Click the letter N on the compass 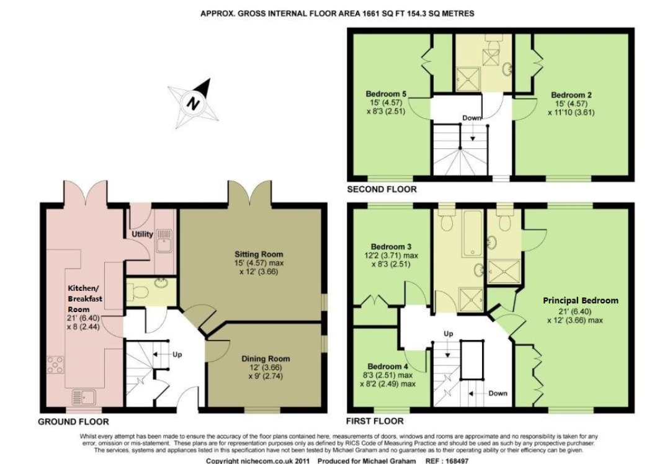point(194,104)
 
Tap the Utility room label point(142,234)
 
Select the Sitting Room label point(259,254)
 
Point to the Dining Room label point(266,359)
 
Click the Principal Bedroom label point(580,300)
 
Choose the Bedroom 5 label point(386,94)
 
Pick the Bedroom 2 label point(571,95)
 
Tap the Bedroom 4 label point(388,367)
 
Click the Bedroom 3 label point(391,246)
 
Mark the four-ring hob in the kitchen point(55,365)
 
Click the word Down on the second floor point(471,117)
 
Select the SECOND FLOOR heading point(382,189)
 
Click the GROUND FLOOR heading point(73,422)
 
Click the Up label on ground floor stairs point(177,354)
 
